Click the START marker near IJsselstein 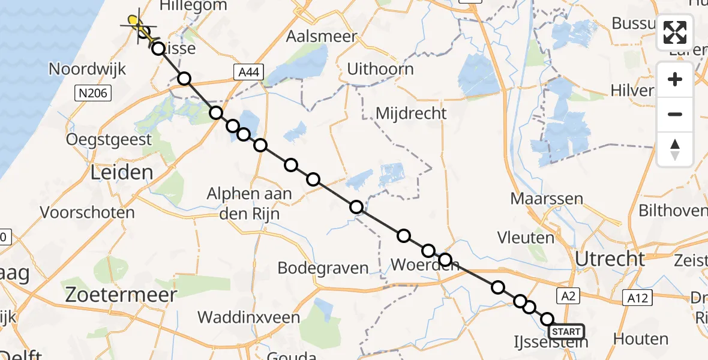566,332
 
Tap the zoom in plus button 675,79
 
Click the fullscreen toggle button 675,32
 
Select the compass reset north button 675,149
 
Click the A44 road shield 248,73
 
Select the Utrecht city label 610,259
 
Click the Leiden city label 122,173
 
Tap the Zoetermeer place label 122,295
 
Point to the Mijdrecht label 411,113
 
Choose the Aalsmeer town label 317,36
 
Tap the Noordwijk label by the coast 88,69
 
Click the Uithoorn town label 380,69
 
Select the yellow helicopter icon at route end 137,25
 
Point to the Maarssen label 547,198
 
